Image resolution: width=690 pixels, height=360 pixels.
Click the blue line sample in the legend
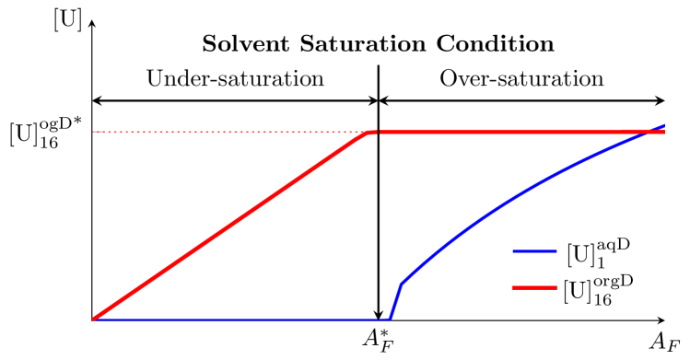pyautogui.click(x=534, y=251)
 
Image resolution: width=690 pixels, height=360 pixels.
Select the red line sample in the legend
pyautogui.click(x=534, y=287)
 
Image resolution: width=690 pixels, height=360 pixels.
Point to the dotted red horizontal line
pyautogui.click(x=230, y=132)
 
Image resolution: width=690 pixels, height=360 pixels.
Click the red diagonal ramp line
pyautogui.click(x=230, y=226)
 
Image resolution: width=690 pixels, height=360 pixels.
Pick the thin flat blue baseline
pyautogui.click(x=240, y=319)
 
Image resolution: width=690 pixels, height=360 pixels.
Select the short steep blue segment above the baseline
pyautogui.click(x=396, y=301)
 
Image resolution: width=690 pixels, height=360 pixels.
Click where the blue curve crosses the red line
pyautogui.click(x=646, y=132)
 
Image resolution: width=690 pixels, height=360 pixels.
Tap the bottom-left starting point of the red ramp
pyautogui.click(x=93, y=319)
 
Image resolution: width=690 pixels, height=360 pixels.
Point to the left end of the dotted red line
pyautogui.click(x=94, y=132)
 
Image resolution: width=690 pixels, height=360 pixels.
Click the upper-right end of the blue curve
pyautogui.click(x=664, y=124)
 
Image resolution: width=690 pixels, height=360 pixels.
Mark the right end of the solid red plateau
pyautogui.click(x=664, y=132)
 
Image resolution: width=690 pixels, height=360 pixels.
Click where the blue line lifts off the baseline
pyautogui.click(x=390, y=319)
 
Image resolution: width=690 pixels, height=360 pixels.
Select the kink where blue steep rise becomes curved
pyautogui.click(x=402, y=284)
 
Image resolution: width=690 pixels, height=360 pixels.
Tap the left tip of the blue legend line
pyautogui.click(x=513, y=251)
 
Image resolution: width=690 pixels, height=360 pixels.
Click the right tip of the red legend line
pyautogui.click(x=556, y=287)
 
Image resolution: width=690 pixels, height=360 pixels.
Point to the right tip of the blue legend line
pyautogui.click(x=556, y=251)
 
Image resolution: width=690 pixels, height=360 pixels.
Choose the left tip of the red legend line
pyautogui.click(x=513, y=287)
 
